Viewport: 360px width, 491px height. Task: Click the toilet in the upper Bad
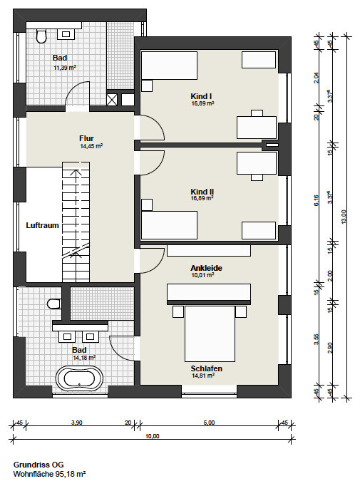coord(41,36)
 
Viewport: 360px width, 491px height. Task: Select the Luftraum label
coord(42,225)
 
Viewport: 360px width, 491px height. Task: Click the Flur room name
coord(86,138)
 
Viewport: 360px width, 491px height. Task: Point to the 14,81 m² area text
coord(203,376)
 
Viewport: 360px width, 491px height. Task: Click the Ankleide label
coord(207,268)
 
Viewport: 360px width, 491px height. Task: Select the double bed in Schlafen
coord(210,334)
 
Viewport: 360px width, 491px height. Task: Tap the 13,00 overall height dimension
coord(344,217)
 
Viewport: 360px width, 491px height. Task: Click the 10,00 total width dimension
coord(153,436)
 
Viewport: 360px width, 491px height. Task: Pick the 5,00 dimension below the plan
coord(209,423)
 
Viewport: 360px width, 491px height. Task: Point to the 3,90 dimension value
coord(77,423)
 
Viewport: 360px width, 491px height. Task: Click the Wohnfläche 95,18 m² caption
coord(49,474)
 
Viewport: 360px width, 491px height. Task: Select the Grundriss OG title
coord(38,465)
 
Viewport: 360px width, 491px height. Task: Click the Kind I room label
coord(201,96)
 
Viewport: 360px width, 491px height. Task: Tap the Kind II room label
coord(202,192)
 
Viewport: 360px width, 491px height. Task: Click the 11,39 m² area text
coord(65,67)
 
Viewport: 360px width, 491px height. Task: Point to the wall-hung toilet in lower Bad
coord(54,304)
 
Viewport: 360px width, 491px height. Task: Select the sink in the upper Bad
coord(66,34)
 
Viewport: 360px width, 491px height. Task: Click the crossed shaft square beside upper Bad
coord(111,100)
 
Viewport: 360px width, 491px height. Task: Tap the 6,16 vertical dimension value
coord(316,200)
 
